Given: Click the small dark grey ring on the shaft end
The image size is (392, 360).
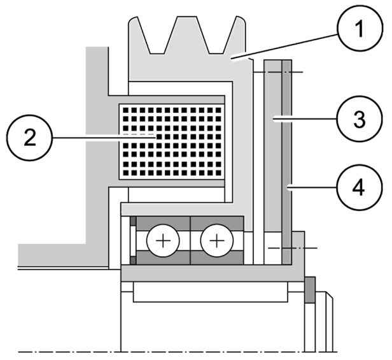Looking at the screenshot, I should coord(310,291).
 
